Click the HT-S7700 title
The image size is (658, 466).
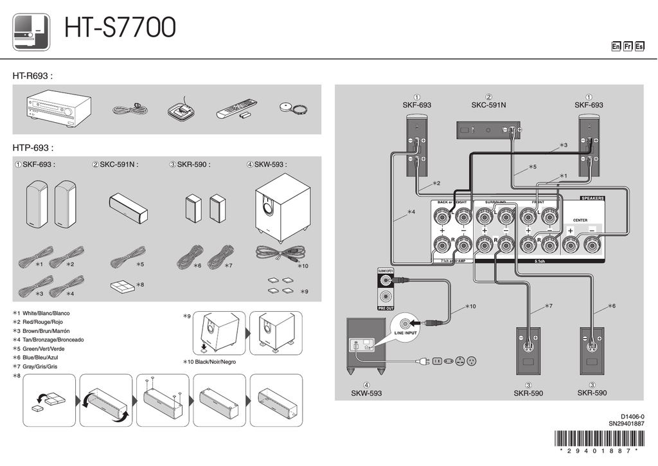pos(120,28)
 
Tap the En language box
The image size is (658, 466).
pos(616,46)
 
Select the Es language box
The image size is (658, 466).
pos(639,46)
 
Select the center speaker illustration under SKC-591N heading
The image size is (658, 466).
pos(129,208)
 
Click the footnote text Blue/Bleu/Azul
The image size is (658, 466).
pos(44,357)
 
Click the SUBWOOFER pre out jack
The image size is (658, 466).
pos(385,280)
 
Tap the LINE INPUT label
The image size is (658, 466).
pos(405,333)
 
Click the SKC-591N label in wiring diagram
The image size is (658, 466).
pos(488,105)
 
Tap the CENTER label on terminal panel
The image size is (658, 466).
pos(580,220)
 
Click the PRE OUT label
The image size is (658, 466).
pos(385,309)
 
